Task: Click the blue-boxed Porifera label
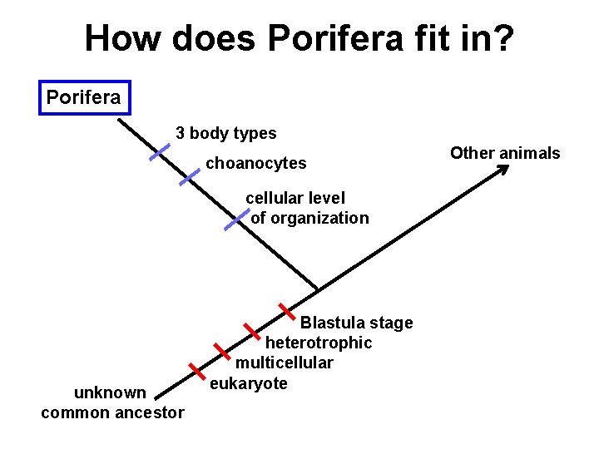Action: click(x=83, y=97)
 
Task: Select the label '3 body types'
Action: click(x=225, y=133)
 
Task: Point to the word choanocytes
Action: click(x=255, y=164)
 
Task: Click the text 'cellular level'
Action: click(x=295, y=198)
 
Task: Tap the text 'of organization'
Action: click(x=309, y=218)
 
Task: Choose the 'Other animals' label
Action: click(x=505, y=153)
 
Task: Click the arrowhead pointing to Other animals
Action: click(x=502, y=170)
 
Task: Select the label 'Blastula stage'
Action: click(x=356, y=323)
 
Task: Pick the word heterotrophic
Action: click(x=319, y=343)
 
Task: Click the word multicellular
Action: click(x=284, y=363)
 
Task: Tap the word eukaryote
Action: click(x=249, y=382)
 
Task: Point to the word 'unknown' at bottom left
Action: click(x=110, y=392)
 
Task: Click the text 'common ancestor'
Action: click(x=112, y=412)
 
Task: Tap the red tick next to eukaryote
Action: click(x=196, y=370)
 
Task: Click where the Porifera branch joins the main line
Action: click(x=318, y=290)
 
